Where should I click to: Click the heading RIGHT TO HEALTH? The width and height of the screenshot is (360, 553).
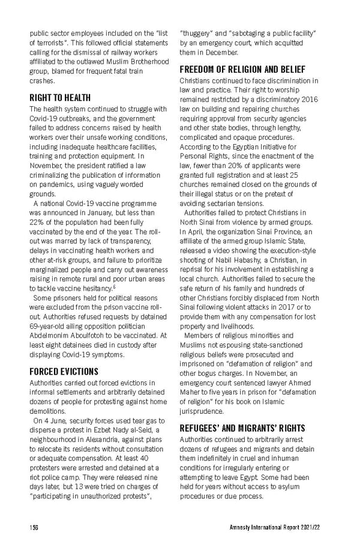coord(60,97)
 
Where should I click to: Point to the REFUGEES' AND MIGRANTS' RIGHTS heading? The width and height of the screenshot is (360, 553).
coord(242,428)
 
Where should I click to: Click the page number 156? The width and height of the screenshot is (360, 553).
coord(35,527)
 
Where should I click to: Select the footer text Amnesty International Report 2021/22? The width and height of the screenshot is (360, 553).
coord(280,527)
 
